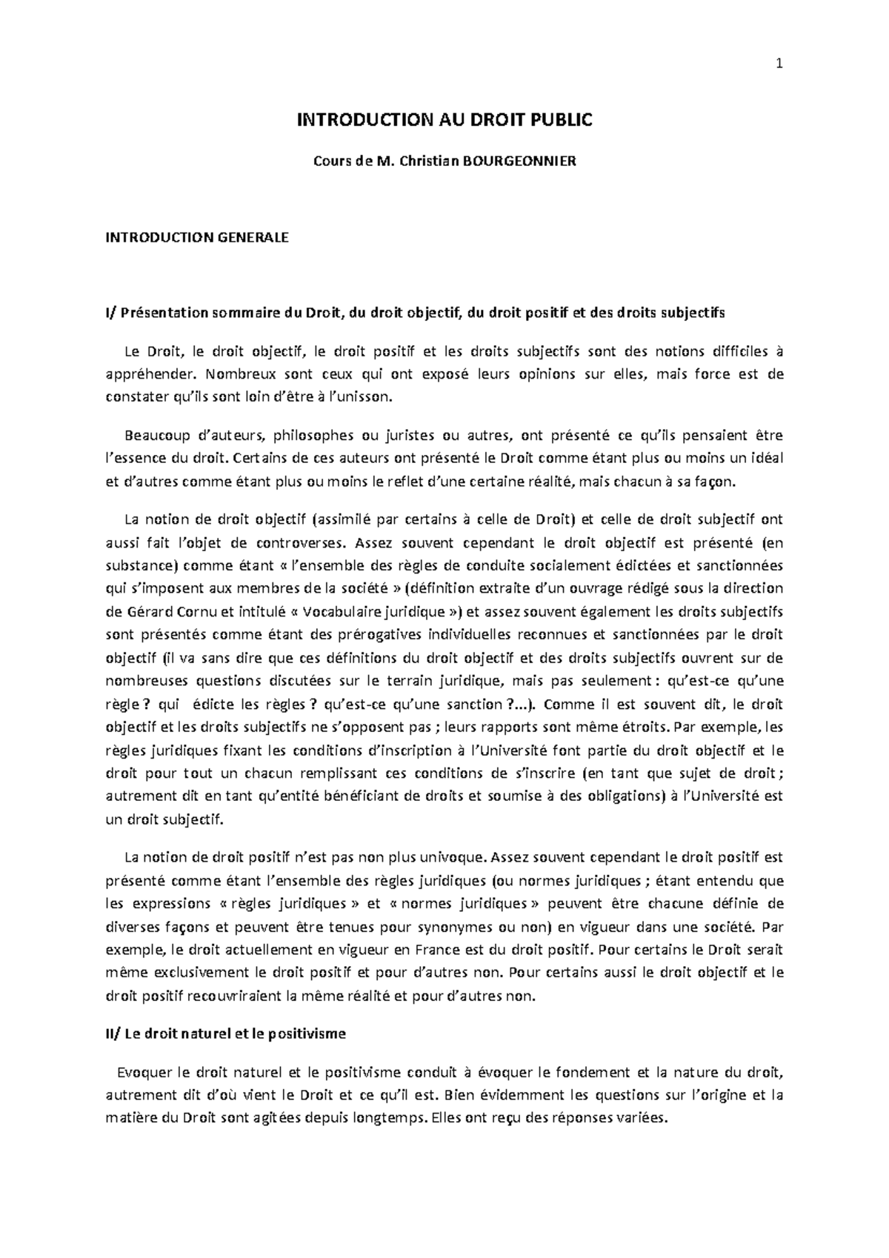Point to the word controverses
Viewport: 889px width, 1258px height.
pos(307,542)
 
